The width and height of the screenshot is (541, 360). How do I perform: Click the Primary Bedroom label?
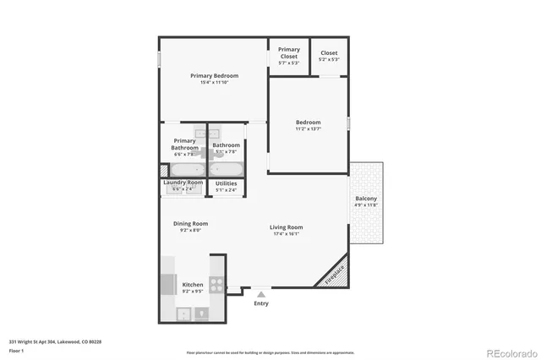[x=214, y=75]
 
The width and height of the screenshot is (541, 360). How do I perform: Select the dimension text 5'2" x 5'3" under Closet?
[x=329, y=60]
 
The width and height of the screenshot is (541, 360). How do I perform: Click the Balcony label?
[x=366, y=199]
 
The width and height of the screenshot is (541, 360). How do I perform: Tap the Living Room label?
[x=287, y=226]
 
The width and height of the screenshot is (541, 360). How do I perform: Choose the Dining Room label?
[x=190, y=223]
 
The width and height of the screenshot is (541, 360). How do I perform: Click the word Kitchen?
[x=193, y=285]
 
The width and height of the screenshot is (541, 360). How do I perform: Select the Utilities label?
[x=226, y=183]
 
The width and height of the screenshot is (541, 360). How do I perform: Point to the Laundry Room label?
[x=183, y=183]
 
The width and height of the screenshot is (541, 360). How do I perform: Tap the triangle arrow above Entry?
[x=261, y=295]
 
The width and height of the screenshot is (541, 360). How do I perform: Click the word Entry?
[x=261, y=303]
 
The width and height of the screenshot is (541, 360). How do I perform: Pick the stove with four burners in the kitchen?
[x=216, y=285]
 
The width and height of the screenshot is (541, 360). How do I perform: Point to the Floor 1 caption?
[x=16, y=350]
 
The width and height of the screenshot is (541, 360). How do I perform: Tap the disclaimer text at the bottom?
[x=270, y=352]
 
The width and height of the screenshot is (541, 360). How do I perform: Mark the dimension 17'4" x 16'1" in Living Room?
[x=287, y=234]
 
